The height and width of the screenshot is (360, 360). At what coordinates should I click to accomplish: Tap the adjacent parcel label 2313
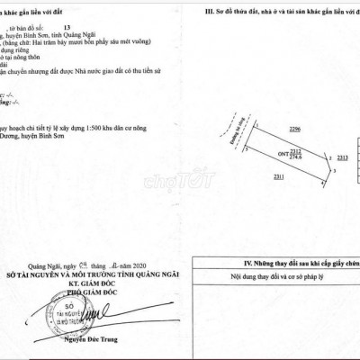click(x=342, y=157)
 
